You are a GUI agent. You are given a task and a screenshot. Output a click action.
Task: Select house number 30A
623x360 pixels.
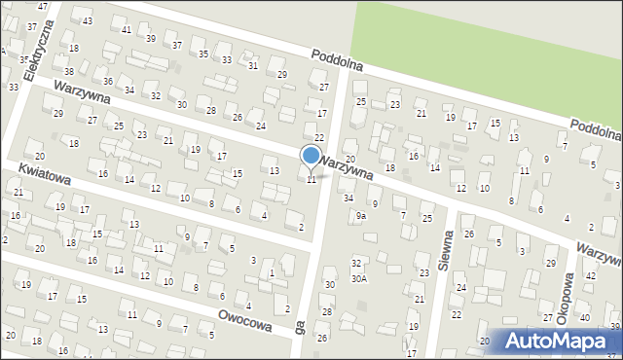(x=359, y=278)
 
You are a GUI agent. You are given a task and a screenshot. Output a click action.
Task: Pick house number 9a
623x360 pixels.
(x=361, y=215)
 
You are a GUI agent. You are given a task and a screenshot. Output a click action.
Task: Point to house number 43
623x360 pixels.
(x=88, y=20)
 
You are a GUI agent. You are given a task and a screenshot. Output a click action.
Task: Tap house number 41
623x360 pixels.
(x=128, y=30)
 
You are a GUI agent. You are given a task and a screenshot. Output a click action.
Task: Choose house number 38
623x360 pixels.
(x=68, y=72)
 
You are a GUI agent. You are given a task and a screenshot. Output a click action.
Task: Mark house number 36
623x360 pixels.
(x=108, y=81)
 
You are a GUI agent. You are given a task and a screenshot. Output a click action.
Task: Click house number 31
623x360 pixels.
(x=253, y=65)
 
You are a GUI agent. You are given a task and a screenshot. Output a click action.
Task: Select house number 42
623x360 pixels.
(x=590, y=276)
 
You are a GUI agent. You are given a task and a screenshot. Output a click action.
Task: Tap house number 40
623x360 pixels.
(x=584, y=318)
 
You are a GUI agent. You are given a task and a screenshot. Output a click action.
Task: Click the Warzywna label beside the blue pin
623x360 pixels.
(x=348, y=168)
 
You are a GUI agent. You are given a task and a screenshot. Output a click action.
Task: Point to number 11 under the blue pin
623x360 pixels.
(x=311, y=180)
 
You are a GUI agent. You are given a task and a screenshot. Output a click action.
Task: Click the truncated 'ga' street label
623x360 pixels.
(x=300, y=329)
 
